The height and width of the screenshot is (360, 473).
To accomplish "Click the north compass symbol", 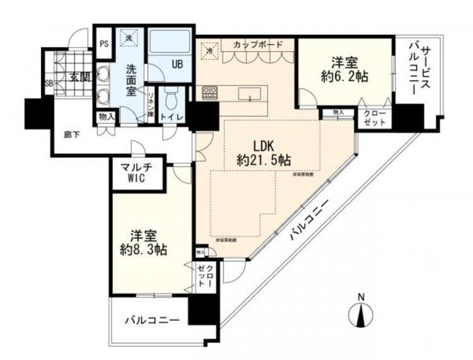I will [x=360, y=311].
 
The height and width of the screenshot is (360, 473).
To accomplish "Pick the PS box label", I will [x=105, y=44].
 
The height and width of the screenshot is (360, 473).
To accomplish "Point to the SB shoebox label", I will [x=49, y=83].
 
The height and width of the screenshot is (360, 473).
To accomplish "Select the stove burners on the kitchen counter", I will [x=209, y=93].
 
